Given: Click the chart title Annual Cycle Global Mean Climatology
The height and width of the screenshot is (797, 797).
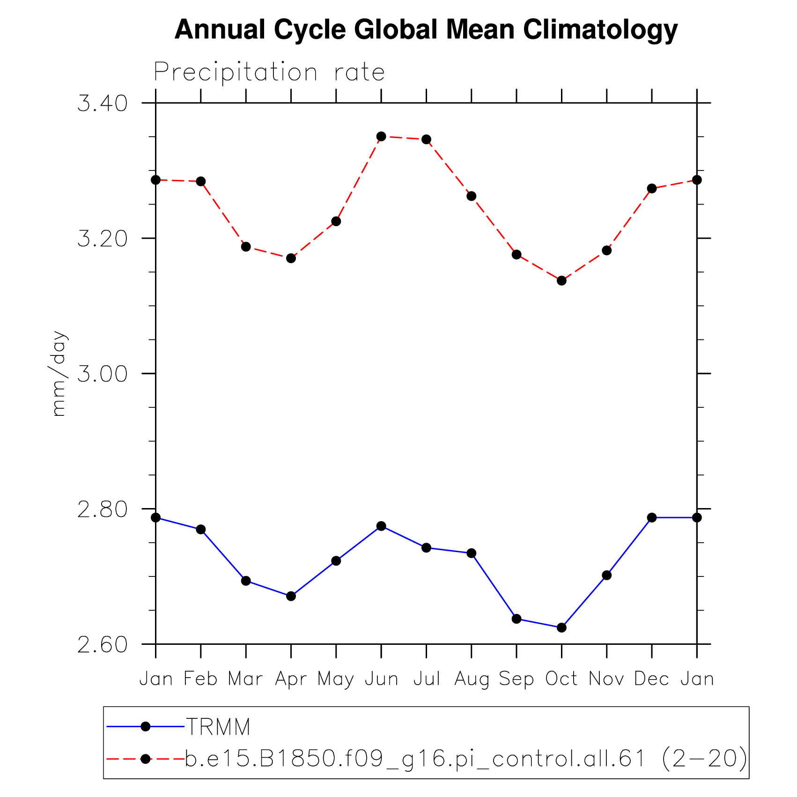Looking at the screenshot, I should pos(426,30).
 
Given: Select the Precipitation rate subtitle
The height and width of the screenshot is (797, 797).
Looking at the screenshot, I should pos(269,73).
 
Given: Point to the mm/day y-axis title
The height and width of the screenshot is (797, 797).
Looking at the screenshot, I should pos(59,373).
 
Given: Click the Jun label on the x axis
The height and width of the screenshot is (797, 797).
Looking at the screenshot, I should pos(381,679).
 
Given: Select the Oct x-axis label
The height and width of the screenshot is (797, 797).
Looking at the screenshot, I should pos(561,679).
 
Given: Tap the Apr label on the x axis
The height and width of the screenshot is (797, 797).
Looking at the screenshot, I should pos(291,679).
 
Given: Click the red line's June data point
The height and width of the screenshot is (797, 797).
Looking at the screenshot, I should pos(381,136).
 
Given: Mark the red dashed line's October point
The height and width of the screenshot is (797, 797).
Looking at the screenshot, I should pos(561,280).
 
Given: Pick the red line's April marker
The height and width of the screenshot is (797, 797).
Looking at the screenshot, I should pos(291,258).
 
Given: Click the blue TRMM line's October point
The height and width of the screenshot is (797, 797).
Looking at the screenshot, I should pos(561,627).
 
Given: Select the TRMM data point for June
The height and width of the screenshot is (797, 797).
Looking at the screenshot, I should pos(381,526).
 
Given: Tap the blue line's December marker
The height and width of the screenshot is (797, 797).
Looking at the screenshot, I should pos(652,517).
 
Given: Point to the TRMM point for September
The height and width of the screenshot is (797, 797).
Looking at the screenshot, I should pos(517,619).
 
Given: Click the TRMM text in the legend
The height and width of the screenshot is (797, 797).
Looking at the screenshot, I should pos(218,727).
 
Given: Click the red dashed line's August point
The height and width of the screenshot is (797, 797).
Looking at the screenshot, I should pos(472,196).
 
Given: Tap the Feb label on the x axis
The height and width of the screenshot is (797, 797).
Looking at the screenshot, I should pos(200,679).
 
